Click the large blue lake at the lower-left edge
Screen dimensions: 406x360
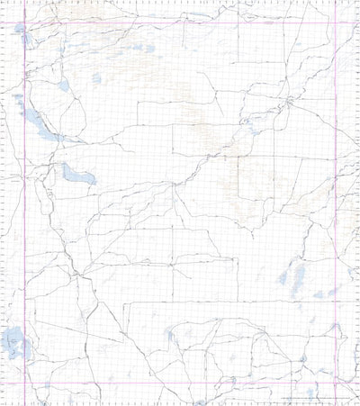click(x=13, y=342)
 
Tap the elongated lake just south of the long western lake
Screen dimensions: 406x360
click(x=75, y=173)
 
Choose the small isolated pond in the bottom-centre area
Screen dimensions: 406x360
click(x=169, y=336)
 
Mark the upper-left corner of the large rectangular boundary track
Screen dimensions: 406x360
click(x=138, y=102)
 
